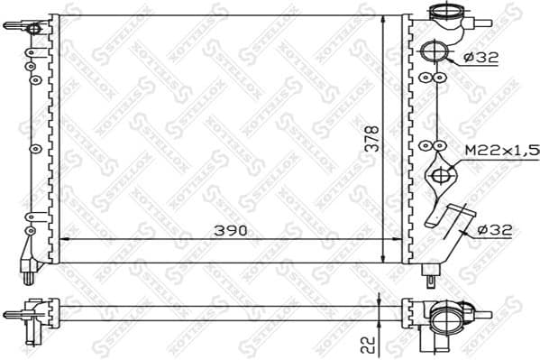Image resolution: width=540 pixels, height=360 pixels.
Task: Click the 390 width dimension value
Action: point(232,231)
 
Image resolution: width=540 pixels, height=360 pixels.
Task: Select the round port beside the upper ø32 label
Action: point(433,51)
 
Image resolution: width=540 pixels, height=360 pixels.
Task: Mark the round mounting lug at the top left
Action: point(35,29)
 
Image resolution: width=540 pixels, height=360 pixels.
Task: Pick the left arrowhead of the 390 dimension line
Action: point(66,239)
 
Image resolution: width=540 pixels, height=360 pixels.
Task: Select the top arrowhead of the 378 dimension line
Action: point(385,21)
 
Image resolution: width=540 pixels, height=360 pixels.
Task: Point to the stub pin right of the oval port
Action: point(486,316)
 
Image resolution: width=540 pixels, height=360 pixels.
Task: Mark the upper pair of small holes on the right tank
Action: point(432,78)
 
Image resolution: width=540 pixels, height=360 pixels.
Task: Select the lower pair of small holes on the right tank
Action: point(432,144)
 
